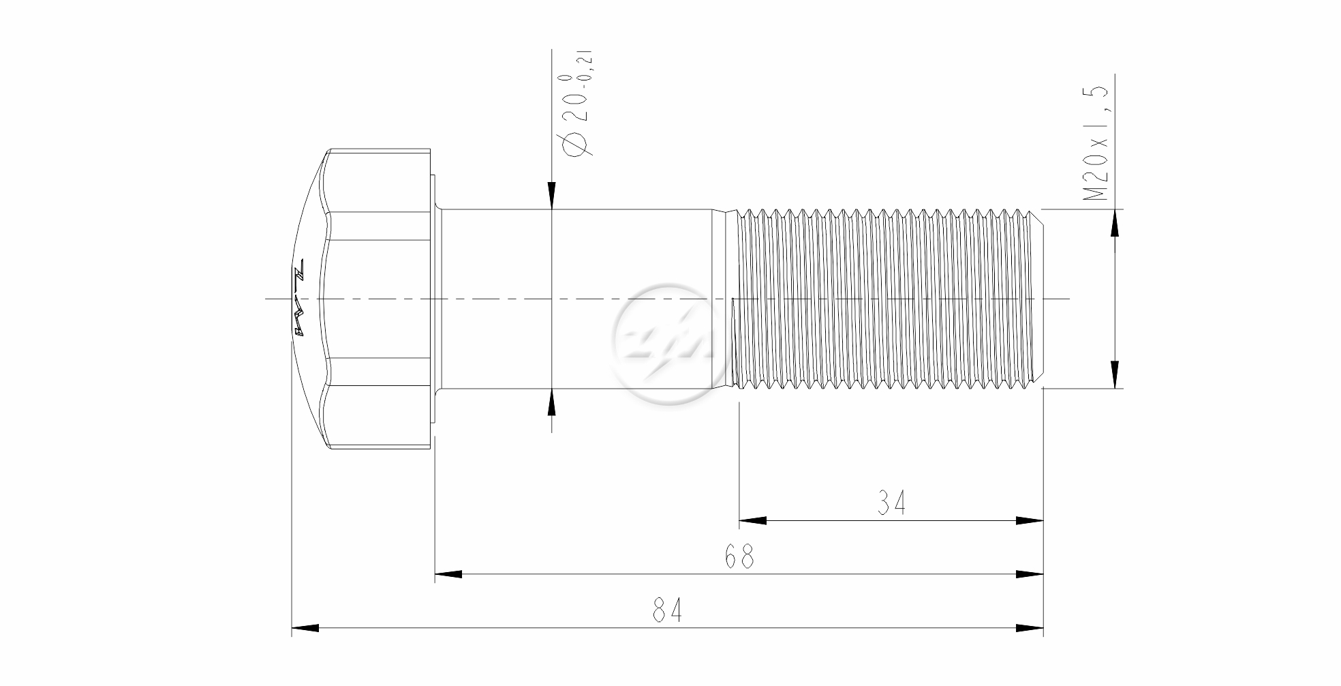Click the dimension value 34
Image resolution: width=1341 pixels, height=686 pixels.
tap(891, 503)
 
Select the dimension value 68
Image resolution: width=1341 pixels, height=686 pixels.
tap(739, 557)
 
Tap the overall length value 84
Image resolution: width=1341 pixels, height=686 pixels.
tap(666, 610)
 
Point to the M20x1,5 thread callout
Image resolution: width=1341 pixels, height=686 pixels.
tap(1096, 143)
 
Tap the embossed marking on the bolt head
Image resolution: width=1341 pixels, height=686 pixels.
tap(298, 298)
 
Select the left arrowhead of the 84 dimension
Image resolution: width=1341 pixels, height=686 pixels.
tap(305, 627)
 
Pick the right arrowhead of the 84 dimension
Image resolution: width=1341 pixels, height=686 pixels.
tap(1030, 627)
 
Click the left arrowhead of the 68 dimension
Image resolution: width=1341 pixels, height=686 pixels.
tap(448, 574)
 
